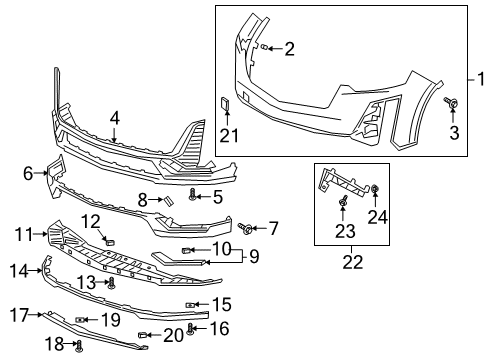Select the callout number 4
click(x=114, y=117)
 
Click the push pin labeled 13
click(x=111, y=284)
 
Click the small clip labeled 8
click(x=169, y=201)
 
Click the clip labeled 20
click(x=144, y=334)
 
